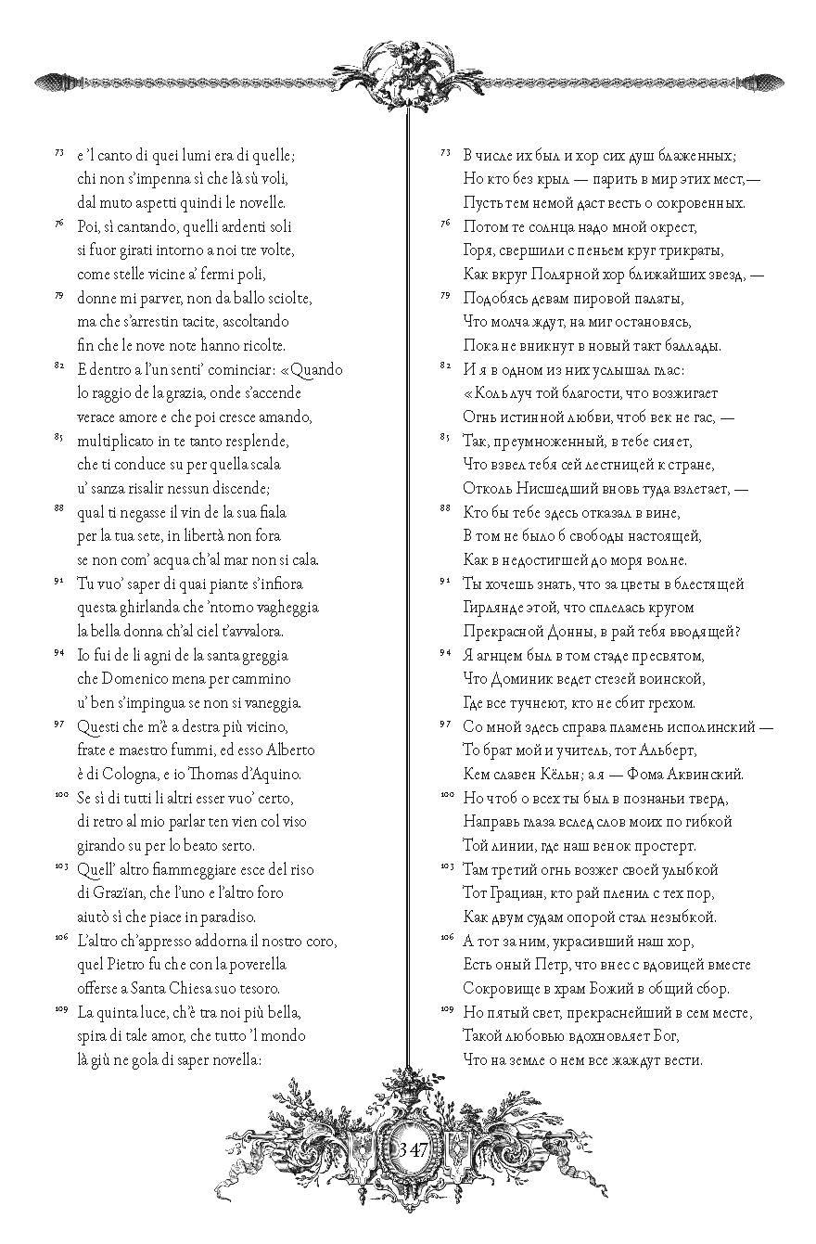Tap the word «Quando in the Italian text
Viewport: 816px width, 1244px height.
[x=312, y=369]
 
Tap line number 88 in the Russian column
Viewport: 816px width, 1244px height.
[x=445, y=508]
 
